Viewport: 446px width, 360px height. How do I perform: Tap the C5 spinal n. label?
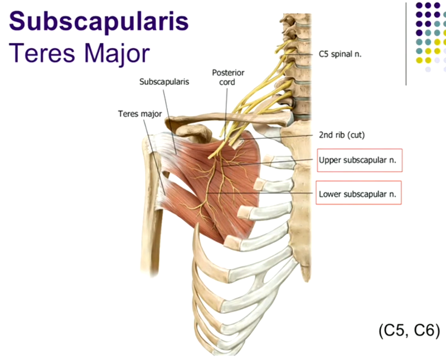(x=336, y=55)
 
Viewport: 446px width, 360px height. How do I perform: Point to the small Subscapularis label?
(x=164, y=81)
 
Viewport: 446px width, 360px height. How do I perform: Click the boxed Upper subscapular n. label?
(x=360, y=160)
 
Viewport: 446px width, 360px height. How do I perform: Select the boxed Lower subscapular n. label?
(x=360, y=194)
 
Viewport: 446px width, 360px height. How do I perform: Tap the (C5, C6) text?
(x=409, y=331)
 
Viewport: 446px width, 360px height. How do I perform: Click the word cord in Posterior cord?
(x=227, y=82)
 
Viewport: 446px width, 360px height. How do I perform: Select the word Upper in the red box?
(x=330, y=160)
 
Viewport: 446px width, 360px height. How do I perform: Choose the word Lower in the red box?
(x=330, y=194)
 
